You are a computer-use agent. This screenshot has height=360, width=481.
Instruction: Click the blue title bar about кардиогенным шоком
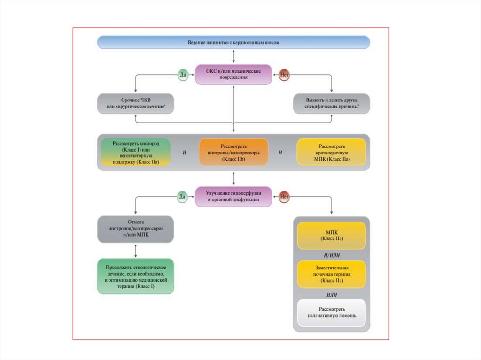pos(233,43)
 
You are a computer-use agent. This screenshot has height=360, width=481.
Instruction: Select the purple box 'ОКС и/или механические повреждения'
pos(233,74)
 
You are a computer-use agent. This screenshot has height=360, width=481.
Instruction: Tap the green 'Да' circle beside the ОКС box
pos(183,74)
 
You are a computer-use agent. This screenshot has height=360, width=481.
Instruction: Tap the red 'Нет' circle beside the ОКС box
pos(284,74)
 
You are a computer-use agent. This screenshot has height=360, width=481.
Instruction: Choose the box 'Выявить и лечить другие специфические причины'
pos(332,104)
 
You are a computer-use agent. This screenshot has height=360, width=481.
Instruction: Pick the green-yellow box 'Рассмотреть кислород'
pos(135,152)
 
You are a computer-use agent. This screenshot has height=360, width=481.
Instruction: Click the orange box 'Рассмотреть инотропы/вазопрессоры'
pos(233,152)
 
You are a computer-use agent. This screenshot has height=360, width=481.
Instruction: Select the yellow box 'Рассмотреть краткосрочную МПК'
pos(332,152)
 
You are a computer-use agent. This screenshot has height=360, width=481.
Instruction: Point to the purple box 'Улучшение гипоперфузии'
pos(233,196)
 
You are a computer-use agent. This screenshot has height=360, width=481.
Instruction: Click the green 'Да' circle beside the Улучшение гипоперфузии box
pos(183,197)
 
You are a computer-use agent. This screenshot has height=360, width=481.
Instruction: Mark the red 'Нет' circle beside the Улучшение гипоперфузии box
pos(284,197)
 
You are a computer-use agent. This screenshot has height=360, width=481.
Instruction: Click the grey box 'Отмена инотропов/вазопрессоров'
pos(135,229)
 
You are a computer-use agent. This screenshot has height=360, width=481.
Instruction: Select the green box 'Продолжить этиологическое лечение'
pos(135,276)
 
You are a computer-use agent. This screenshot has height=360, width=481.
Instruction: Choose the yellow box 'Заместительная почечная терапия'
pos(332,274)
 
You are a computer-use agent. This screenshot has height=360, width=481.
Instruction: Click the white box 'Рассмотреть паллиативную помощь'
pos(332,313)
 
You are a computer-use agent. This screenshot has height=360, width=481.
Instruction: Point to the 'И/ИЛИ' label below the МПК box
pos(332,255)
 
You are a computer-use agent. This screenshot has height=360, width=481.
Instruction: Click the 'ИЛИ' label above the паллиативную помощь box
pos(332,294)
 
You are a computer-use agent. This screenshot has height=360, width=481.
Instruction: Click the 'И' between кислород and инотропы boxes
pos(185,153)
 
